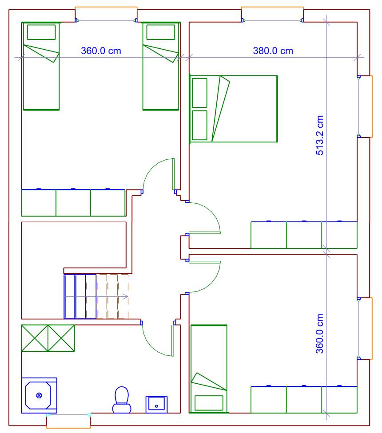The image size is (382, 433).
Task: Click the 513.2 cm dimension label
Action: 319,135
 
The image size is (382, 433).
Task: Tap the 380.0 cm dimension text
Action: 273,51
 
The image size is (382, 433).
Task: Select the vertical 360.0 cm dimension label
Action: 319,334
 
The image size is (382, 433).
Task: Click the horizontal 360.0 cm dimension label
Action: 101,51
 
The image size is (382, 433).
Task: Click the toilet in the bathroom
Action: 122,400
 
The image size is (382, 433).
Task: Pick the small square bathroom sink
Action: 156,405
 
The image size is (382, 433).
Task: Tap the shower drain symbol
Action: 39,395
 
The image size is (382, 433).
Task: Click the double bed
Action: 234,109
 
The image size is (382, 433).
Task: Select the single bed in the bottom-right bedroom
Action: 209,369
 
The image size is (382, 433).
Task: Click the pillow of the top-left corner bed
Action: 41,32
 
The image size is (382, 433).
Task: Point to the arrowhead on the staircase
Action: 126,297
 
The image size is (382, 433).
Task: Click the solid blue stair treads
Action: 80,296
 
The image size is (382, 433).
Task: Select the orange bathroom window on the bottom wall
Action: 68,421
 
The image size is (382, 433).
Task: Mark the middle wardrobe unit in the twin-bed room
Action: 73,203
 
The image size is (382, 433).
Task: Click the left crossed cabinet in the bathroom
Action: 35,338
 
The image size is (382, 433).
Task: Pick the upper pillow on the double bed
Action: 199,93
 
